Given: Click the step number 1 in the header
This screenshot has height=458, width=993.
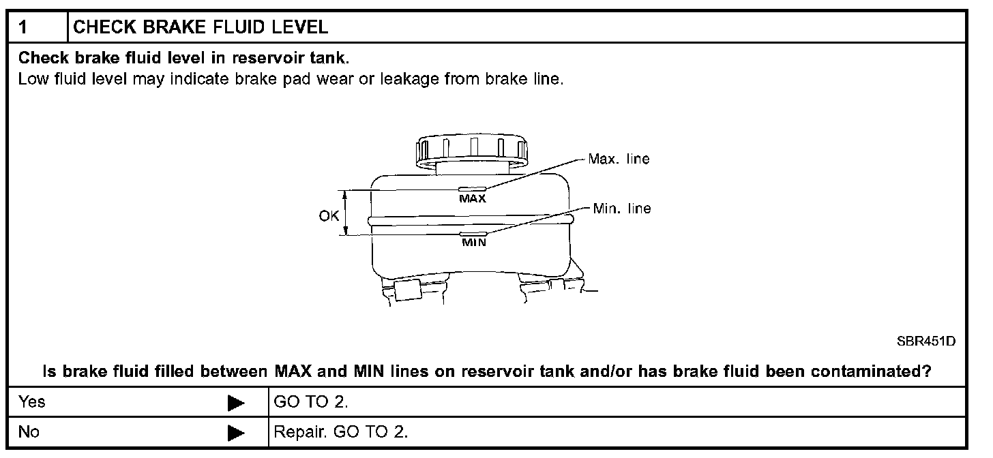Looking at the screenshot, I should tap(24, 27).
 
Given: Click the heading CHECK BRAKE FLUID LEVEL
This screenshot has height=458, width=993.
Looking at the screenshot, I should tap(200, 27).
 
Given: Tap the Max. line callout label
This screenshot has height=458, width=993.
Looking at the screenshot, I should tap(619, 159).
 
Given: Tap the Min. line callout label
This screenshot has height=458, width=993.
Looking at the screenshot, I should tap(621, 209).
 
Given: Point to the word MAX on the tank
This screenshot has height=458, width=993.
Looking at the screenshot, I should tap(472, 199).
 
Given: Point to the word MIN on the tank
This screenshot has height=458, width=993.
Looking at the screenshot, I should tap(474, 242).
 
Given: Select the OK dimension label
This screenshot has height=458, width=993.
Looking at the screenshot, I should tap(329, 216).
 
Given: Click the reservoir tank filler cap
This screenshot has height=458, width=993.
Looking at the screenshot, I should tap(471, 150).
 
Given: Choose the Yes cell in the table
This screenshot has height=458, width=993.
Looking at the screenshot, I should tap(32, 402).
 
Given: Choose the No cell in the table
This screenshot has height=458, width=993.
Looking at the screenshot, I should tap(29, 432).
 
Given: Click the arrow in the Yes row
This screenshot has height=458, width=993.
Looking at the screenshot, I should tap(236, 403).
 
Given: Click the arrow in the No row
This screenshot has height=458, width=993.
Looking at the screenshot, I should tap(236, 433).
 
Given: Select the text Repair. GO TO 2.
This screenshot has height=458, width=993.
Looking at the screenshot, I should tap(340, 432).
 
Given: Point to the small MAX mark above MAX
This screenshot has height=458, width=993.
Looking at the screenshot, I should tap(471, 189).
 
